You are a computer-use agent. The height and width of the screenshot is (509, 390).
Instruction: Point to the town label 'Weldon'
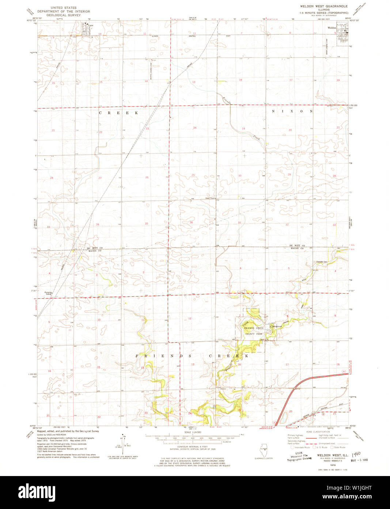pos(332,28)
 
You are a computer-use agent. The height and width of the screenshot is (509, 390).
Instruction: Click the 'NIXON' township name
pos(292,111)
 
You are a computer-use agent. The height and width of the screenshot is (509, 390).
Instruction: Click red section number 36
pos(191,223)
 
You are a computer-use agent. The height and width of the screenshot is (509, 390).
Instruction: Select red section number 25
pos(193,175)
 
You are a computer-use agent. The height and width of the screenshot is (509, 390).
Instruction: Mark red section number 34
pos(98,224)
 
